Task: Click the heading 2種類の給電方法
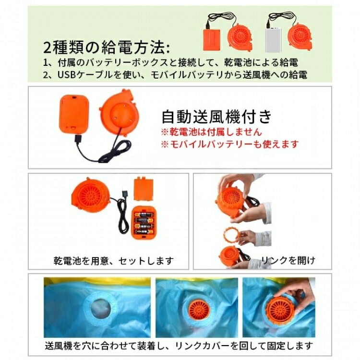coord(107,48)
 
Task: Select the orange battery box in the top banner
coord(212,39)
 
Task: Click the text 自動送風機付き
coord(216,117)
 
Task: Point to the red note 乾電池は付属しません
coord(211,132)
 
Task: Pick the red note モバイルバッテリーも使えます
coord(229,144)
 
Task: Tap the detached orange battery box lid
coord(144,188)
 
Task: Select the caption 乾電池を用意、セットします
coord(114,261)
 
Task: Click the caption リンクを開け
coord(288,260)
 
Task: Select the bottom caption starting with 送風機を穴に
coord(179,346)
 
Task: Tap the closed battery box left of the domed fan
coord(74,114)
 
